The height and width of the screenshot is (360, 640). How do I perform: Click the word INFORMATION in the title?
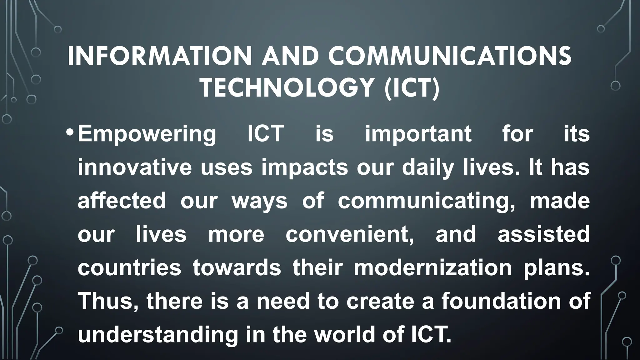[x=159, y=56]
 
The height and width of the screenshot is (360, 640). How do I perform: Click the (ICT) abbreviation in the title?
[x=412, y=88]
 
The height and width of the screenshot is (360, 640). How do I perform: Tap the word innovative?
[x=135, y=167]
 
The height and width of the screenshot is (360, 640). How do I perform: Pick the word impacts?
[x=305, y=168]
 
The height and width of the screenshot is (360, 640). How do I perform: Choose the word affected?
[x=122, y=201]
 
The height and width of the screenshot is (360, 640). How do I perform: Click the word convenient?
[x=350, y=234]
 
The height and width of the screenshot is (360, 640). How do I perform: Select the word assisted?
[x=543, y=234]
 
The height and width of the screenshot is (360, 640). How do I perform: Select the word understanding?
[x=158, y=335]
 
